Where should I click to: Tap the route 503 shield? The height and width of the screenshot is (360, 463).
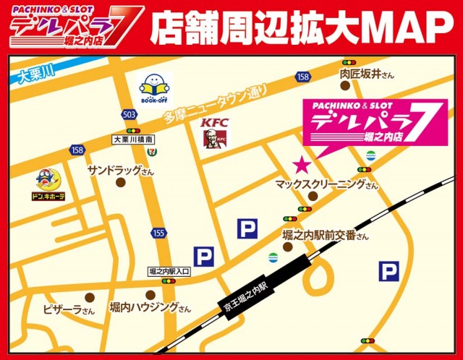click(129, 115)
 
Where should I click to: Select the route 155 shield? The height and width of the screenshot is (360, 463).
click(158, 233)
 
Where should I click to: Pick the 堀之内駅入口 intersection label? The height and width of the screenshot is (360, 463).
click(169, 270)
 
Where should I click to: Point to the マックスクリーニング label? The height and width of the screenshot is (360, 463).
click(326, 185)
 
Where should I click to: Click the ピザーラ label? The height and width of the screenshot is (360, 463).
click(68, 310)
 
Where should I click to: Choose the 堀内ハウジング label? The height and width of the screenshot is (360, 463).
click(150, 308)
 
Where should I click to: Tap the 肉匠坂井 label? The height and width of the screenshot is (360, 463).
click(367, 74)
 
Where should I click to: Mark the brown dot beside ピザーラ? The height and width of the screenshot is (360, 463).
click(89, 296)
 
